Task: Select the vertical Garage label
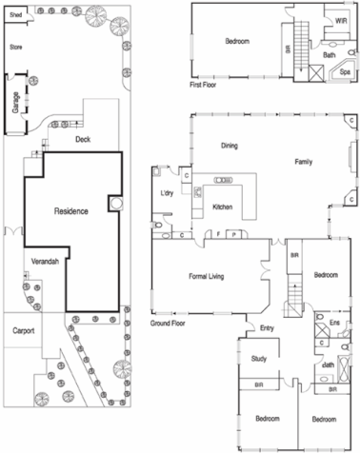point(16,103)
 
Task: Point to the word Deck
point(83,139)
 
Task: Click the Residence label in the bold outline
point(70,210)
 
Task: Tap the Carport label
point(23,331)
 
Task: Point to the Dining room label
point(229,146)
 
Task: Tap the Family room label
point(303,161)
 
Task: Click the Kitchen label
point(222,207)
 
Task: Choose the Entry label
point(268,328)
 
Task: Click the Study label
point(258,359)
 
